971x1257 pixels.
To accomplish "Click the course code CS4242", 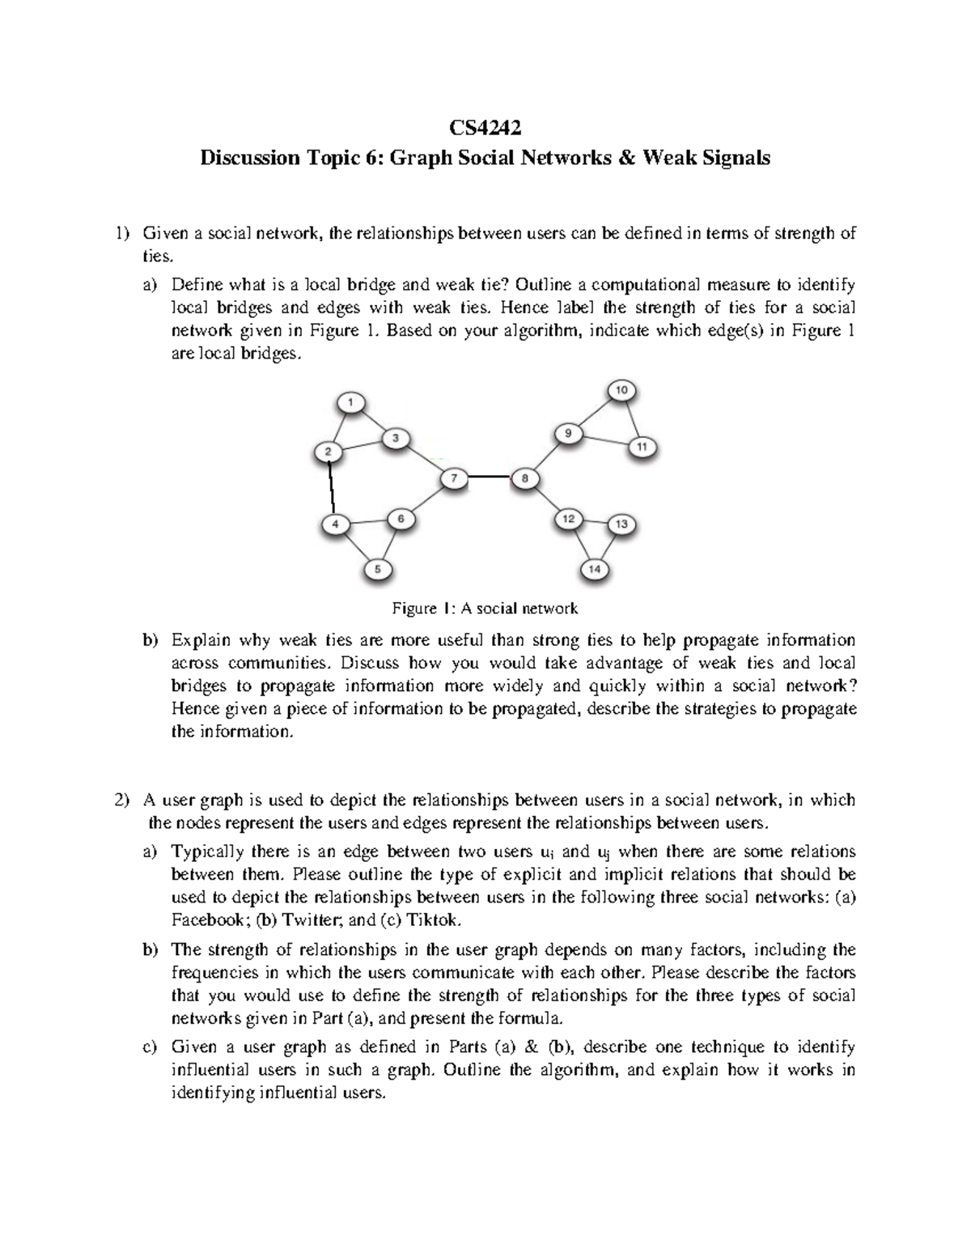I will coord(485,127).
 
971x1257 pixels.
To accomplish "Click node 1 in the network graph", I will coord(350,401).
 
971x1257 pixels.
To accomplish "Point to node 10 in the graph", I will coord(621,390).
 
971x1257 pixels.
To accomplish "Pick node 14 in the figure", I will coord(594,569).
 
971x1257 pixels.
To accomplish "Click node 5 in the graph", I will coord(375,569).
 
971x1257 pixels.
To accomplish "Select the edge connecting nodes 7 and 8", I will coord(490,478).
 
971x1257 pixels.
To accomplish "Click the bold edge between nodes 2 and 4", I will coord(331,488).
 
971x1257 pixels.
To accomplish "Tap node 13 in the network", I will coord(621,524).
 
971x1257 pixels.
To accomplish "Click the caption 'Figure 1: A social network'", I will coord(485,607).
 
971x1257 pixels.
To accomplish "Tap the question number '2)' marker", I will coord(121,800).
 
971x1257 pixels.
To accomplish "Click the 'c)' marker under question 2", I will coord(149,1047).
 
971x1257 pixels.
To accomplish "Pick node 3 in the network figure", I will coord(396,438).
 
